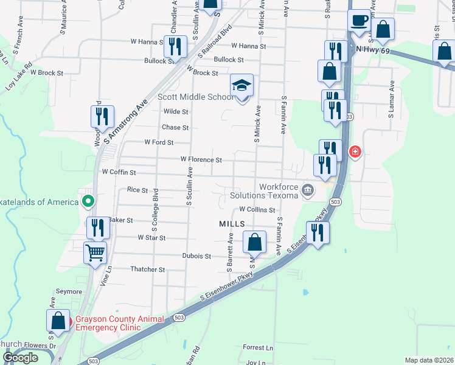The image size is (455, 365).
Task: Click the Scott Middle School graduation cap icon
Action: tap(241, 86)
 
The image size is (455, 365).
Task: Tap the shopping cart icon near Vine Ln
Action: tap(96, 252)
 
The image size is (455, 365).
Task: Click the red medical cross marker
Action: tap(353, 151)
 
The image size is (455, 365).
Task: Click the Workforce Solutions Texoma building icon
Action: tap(308, 191)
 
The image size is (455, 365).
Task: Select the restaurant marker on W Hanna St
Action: tap(175, 46)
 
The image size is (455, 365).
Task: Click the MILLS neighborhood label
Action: tap(232, 224)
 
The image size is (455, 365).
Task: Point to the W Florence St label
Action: tap(201, 159)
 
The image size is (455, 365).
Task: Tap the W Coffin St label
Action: tap(119, 172)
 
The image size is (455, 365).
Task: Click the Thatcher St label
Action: tap(148, 269)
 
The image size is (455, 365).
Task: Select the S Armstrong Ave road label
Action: tap(127, 122)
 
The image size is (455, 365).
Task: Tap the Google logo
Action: tap(20, 358)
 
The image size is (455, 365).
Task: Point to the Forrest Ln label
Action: tap(258, 347)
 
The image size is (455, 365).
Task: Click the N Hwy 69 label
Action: tap(372, 49)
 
